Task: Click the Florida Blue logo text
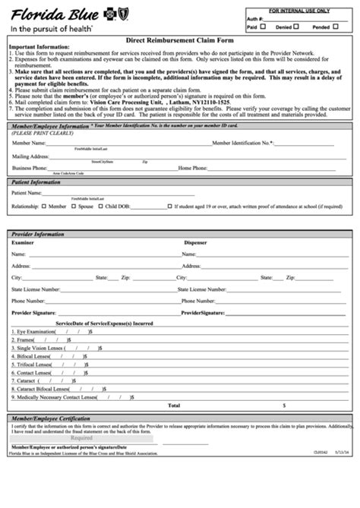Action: click(x=49, y=12)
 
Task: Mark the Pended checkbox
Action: click(x=335, y=26)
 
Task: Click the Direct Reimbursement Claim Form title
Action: click(x=179, y=40)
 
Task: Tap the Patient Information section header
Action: click(x=36, y=182)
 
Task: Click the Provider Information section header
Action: click(x=39, y=235)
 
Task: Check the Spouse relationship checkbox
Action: click(x=74, y=206)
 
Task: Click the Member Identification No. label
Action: click(x=242, y=143)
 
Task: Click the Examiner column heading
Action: click(x=22, y=243)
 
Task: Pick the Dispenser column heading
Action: click(x=194, y=243)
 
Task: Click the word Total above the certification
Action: click(x=173, y=405)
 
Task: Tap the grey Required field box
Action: click(x=81, y=438)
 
